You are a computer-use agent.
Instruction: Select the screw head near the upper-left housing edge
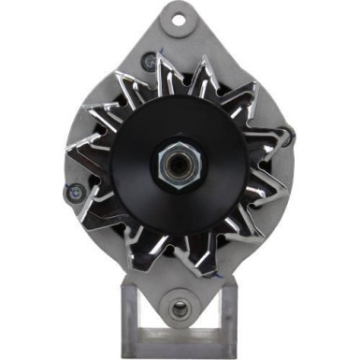coord(147,62)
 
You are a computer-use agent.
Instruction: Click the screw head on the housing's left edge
coord(71,193)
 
